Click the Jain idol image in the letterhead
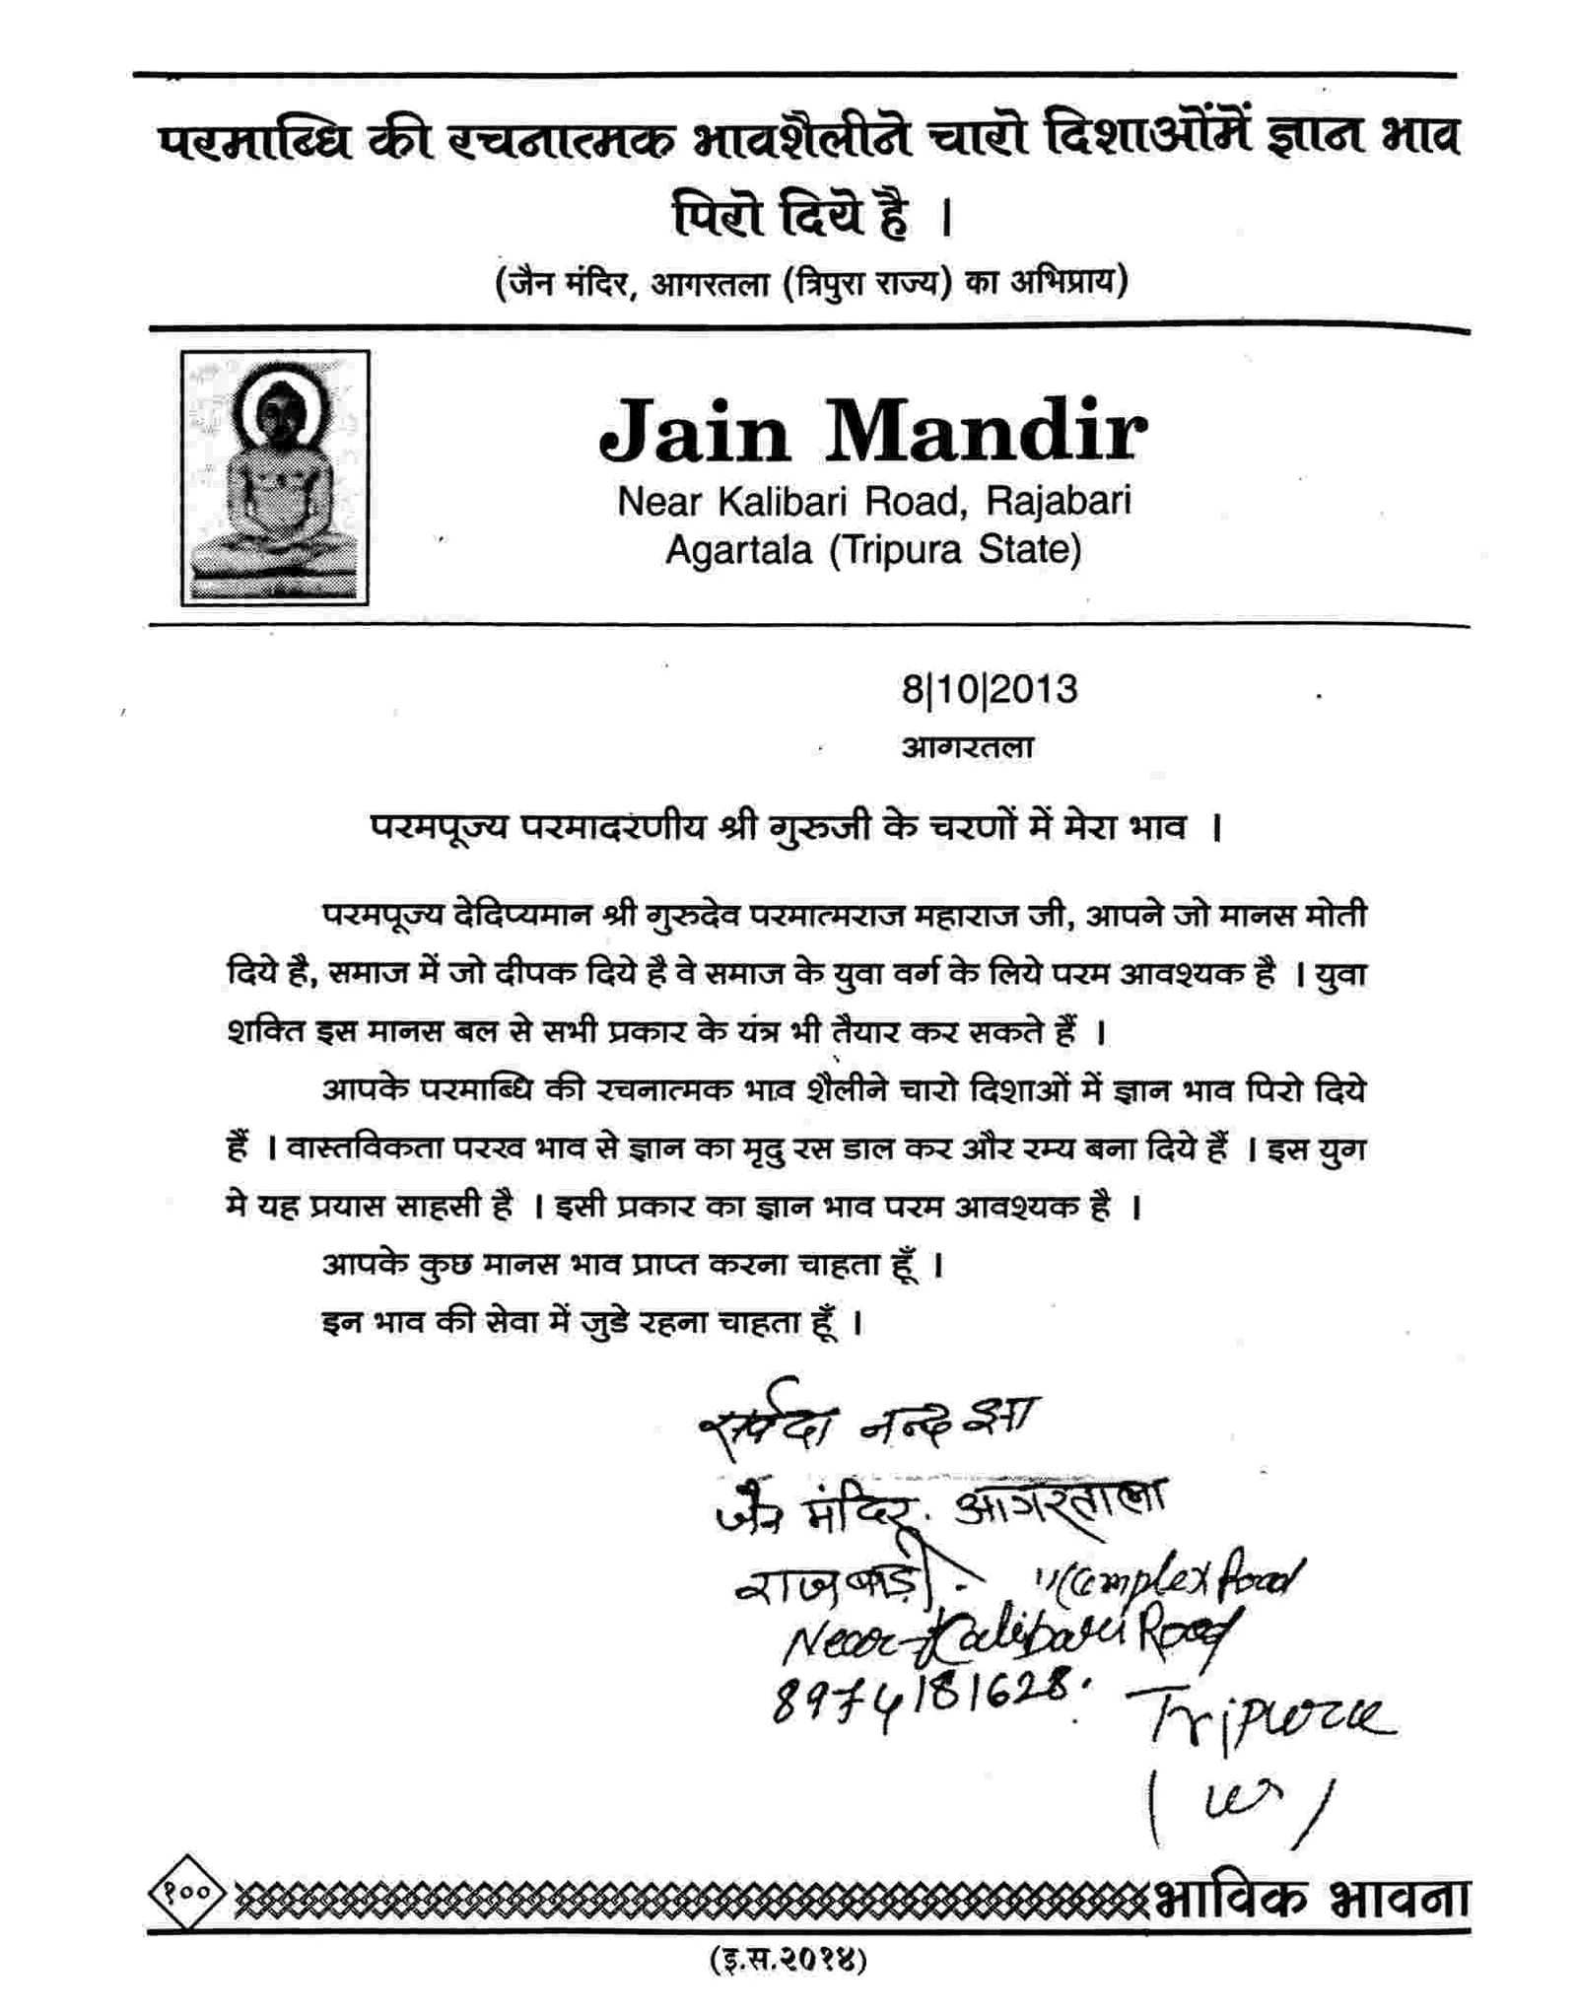[274, 477]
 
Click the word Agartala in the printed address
[738, 549]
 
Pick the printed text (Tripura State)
[954, 549]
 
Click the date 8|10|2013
[989, 689]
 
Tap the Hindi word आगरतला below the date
[967, 747]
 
